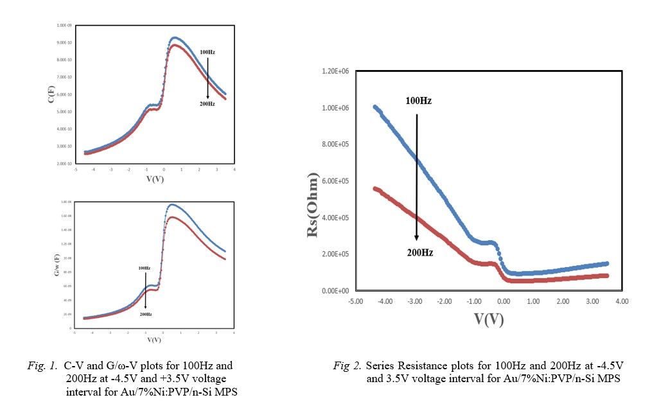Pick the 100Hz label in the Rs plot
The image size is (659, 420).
[x=419, y=101]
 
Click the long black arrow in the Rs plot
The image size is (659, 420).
[x=417, y=177]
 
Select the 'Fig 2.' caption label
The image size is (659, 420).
[x=347, y=365]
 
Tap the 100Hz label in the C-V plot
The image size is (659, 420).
[x=207, y=51]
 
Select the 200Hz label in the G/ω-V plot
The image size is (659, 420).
[x=145, y=314]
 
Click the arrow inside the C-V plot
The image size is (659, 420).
[x=207, y=76]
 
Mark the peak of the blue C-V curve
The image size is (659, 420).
[x=175, y=37]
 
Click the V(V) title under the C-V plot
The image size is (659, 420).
[x=154, y=179]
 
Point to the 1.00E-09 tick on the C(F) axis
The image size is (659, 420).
[x=64, y=25]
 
